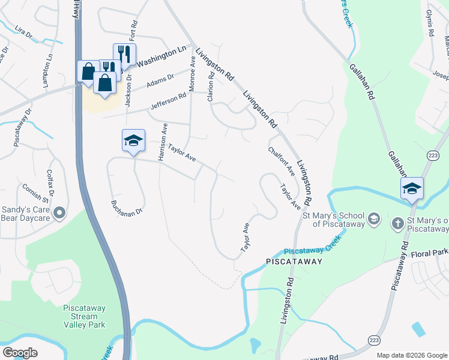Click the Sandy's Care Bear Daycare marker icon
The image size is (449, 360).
click(x=59, y=213)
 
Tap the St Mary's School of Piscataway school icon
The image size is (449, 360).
click(x=374, y=218)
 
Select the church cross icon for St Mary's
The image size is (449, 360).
click(x=397, y=224)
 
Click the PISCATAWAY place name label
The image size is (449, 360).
click(x=294, y=262)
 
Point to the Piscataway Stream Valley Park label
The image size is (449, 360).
click(x=84, y=316)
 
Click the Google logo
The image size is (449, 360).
click(x=20, y=353)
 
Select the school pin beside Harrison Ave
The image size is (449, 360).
click(x=133, y=141)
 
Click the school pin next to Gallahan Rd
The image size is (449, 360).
click(x=412, y=188)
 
